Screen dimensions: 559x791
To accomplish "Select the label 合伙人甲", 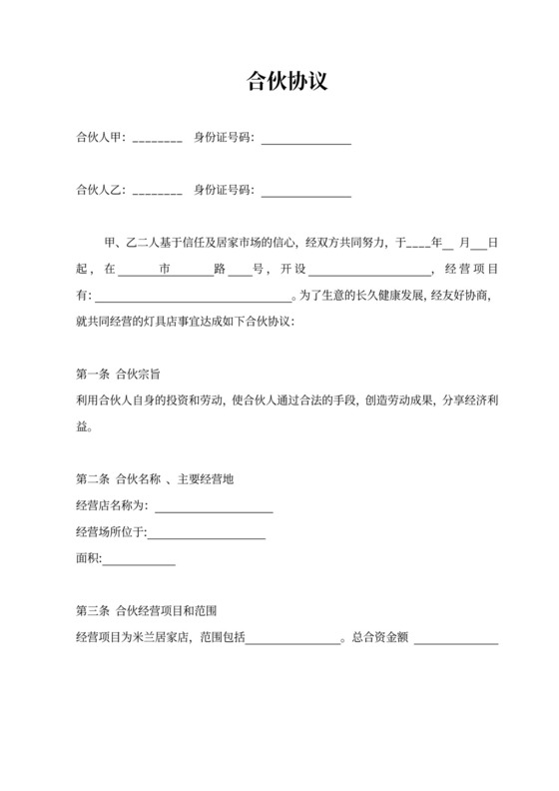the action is (x=99, y=137).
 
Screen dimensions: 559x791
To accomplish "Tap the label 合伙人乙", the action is (x=99, y=190).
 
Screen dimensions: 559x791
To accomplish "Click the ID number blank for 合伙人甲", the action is (x=306, y=139).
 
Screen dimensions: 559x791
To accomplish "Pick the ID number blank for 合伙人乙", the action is (x=306, y=192).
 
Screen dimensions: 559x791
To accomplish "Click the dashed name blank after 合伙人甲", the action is (x=157, y=139).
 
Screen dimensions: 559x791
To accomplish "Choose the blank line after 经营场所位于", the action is (x=207, y=534).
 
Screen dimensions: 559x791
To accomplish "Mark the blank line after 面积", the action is (x=139, y=560).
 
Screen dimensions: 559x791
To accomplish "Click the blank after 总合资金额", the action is (x=456, y=638).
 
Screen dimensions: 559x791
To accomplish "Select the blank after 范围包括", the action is (x=293, y=638).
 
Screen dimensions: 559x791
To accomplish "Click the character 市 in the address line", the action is (x=165, y=269).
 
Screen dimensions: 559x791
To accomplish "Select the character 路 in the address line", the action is (x=219, y=269).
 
